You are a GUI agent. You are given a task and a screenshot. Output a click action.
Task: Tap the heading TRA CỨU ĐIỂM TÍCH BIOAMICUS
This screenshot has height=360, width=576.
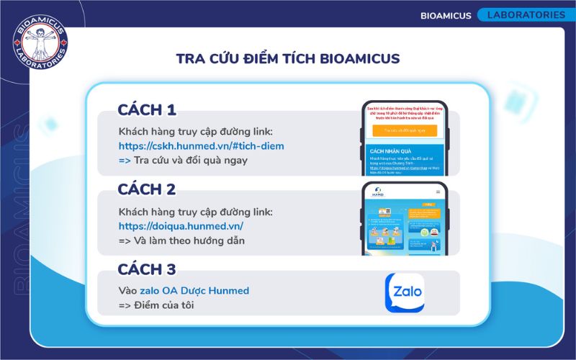point(288,58)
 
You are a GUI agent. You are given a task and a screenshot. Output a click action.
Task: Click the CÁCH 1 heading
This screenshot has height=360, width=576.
point(147,110)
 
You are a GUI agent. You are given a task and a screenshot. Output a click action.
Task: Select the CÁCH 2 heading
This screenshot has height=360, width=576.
point(147,190)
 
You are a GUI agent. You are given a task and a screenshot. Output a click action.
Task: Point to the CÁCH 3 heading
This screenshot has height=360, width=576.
point(147,269)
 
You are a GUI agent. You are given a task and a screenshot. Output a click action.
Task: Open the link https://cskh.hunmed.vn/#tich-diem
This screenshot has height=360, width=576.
point(202,146)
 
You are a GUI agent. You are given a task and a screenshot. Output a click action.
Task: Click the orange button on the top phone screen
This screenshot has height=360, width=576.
point(405,130)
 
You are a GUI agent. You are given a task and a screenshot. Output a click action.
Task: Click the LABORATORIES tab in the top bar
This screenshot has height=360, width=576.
point(526,14)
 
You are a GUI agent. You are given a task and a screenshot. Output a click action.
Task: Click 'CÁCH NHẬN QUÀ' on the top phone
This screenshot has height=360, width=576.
point(390,151)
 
